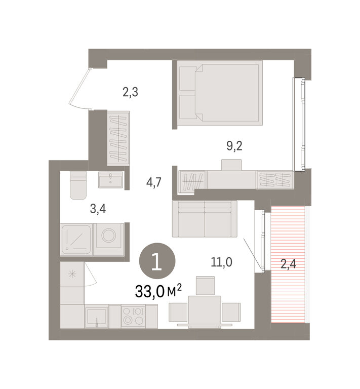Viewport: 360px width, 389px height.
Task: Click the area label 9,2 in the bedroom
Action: pos(234,146)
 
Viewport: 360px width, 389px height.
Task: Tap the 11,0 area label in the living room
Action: pos(221,262)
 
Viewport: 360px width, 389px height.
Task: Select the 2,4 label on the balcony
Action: pos(288,264)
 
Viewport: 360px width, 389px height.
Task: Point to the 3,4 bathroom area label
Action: pos(98,209)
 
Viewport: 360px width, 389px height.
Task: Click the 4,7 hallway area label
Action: pos(154,183)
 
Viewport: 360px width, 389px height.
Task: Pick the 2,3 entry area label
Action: pos(130,92)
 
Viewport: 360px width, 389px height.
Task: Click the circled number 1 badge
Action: pos(157,261)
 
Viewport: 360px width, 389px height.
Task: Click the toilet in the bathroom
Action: pos(78,185)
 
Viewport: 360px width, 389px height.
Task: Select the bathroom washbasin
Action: pos(110,180)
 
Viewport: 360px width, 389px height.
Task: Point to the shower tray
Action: pos(76,239)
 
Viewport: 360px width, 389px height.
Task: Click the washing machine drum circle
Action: pos(108,235)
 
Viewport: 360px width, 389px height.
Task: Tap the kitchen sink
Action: pos(97,316)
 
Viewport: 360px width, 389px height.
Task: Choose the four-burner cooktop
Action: pos(133,316)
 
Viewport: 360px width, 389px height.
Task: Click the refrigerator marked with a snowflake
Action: pos(72,274)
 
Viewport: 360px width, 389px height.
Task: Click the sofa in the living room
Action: pos(205,219)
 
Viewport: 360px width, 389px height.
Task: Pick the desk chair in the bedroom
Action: pos(231,165)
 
